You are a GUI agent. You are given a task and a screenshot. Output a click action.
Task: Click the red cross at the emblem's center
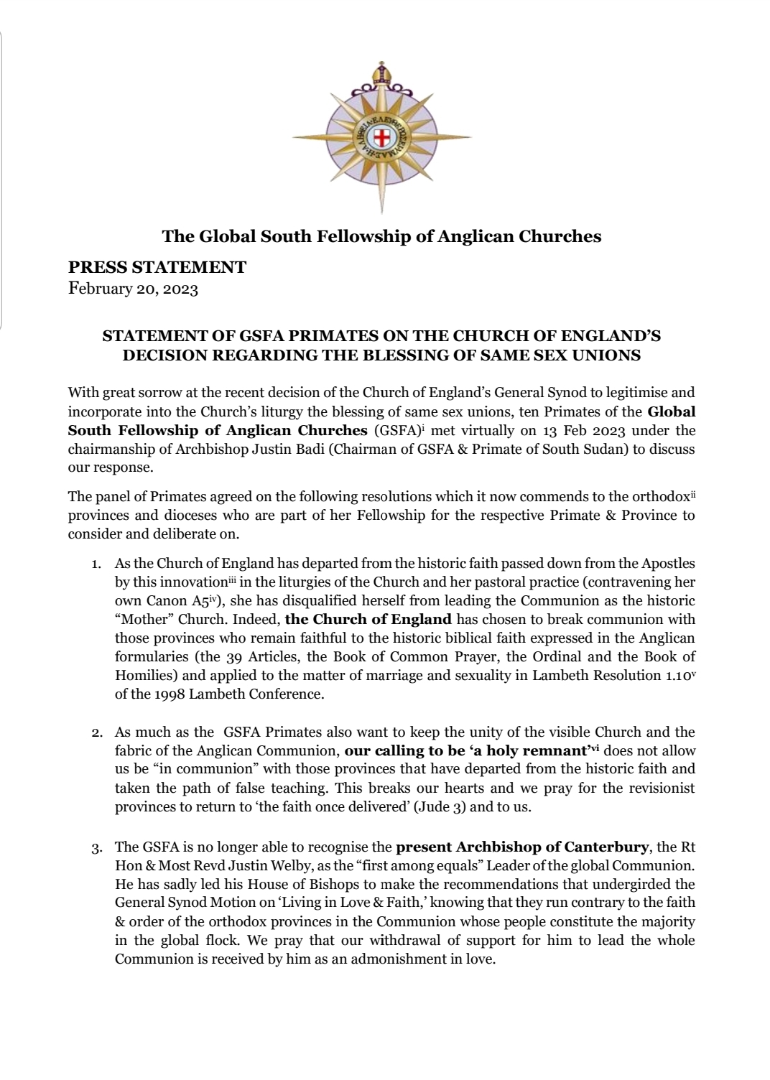click(381, 137)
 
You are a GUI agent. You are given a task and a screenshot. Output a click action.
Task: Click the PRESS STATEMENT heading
click(157, 267)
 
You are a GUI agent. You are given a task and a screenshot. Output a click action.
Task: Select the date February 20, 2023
click(133, 289)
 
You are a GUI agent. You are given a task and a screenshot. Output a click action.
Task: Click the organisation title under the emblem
click(381, 236)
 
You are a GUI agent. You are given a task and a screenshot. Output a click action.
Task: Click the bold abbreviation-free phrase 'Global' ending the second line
click(672, 411)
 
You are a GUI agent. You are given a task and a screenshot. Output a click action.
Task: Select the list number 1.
click(96, 564)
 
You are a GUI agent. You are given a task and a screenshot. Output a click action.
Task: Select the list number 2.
click(96, 732)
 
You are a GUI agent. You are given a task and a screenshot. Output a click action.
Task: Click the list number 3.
click(96, 848)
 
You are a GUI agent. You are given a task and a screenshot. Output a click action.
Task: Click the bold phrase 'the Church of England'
click(368, 619)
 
